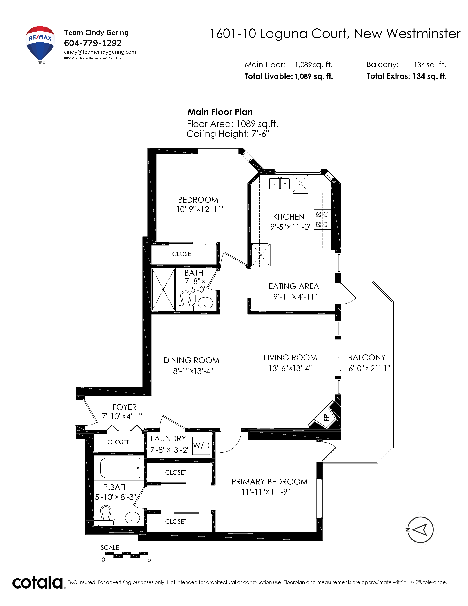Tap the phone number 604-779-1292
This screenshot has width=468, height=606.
[x=93, y=43]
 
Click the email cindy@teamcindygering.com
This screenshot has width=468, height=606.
[x=100, y=52]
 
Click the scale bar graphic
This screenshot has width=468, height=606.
[x=126, y=554]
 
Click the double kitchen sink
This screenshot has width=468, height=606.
[x=280, y=184]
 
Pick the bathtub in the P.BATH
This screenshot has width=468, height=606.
[x=120, y=468]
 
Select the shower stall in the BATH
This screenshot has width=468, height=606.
[x=163, y=289]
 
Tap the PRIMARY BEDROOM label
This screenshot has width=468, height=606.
[x=269, y=482]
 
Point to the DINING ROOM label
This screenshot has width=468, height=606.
[x=191, y=360]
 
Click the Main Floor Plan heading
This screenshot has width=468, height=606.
[x=220, y=112]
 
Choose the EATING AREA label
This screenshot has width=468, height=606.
[x=294, y=286]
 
